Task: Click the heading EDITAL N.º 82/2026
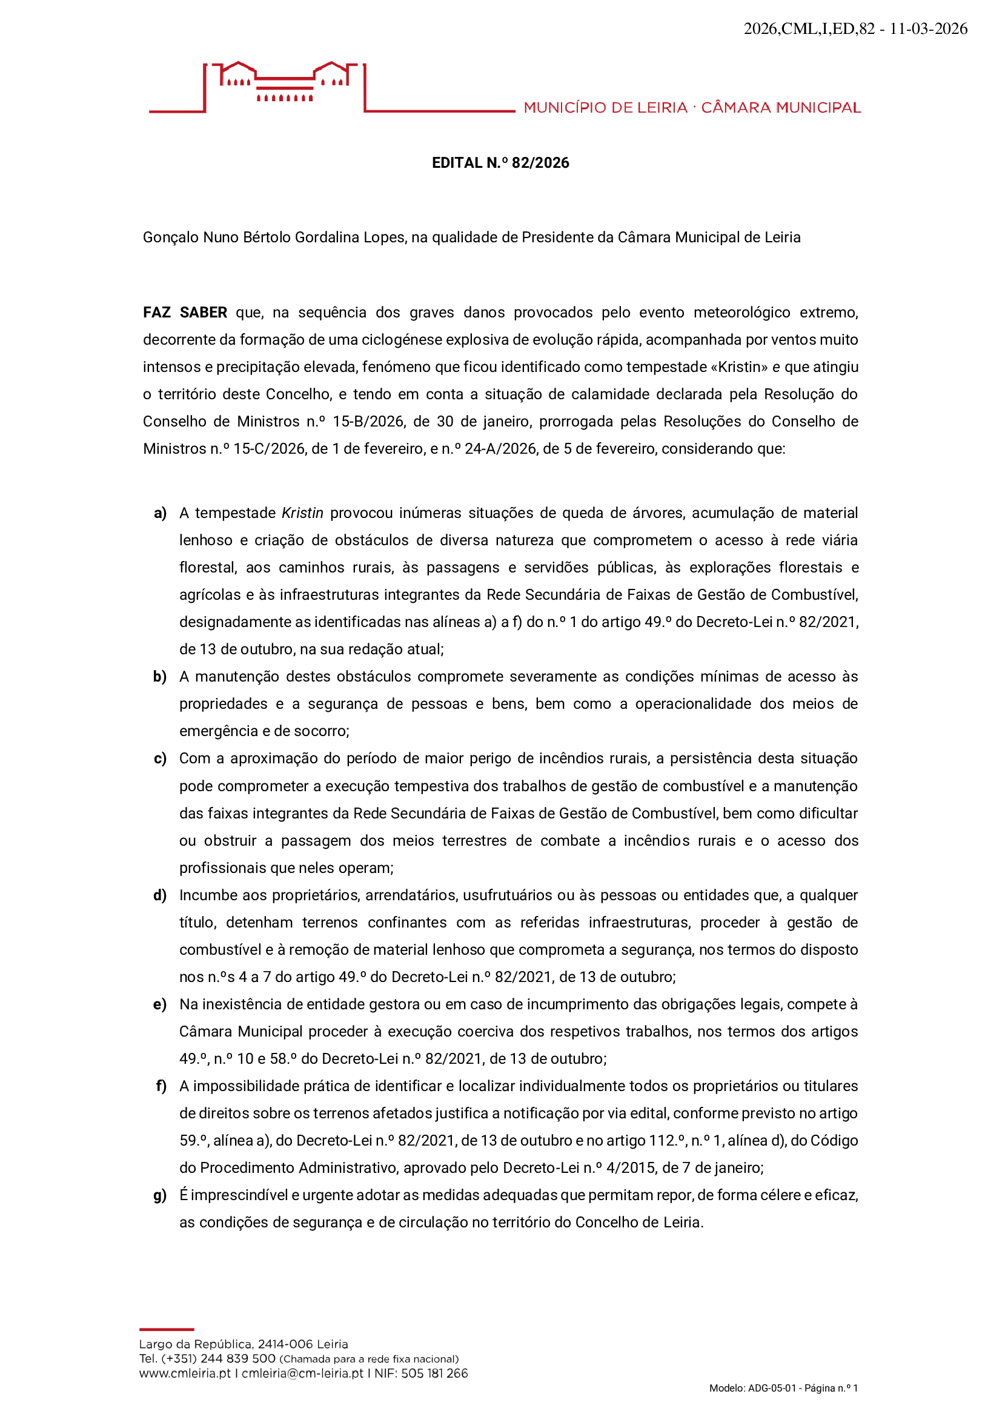pos(500,163)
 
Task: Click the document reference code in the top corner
pos(855,29)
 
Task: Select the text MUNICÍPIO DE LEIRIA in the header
pos(605,108)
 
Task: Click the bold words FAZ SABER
pos(185,313)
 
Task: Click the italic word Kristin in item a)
pos(302,514)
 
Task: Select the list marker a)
pos(161,514)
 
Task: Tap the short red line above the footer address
pos(167,1329)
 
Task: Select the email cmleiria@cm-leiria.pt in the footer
pos(302,1374)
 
